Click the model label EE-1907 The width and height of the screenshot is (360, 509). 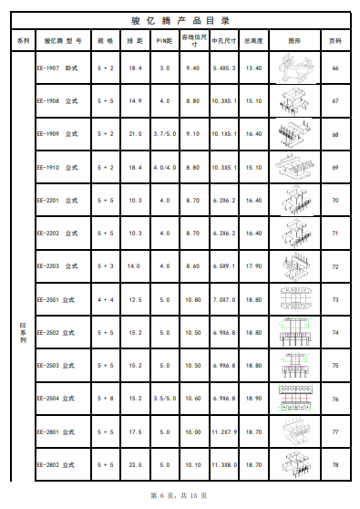point(48,68)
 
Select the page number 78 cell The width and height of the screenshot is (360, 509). point(335,465)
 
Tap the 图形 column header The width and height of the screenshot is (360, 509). point(293,41)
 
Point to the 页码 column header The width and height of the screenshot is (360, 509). point(335,41)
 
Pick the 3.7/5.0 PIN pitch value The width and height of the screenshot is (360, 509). point(165,134)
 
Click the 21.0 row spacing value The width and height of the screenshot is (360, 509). point(135,134)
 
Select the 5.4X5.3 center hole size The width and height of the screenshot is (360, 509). point(224,68)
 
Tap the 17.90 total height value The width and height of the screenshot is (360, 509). point(254,266)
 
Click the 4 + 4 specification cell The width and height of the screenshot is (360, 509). point(106,299)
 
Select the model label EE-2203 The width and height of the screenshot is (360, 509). point(48,266)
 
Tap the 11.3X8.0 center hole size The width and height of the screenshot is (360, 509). point(224,465)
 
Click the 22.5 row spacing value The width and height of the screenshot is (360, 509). point(135,465)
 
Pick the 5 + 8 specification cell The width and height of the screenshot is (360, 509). point(106,399)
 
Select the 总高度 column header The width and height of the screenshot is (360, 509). point(254,41)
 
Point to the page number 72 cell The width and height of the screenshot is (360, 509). point(335,266)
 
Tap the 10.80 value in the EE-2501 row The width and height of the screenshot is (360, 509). point(192,299)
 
